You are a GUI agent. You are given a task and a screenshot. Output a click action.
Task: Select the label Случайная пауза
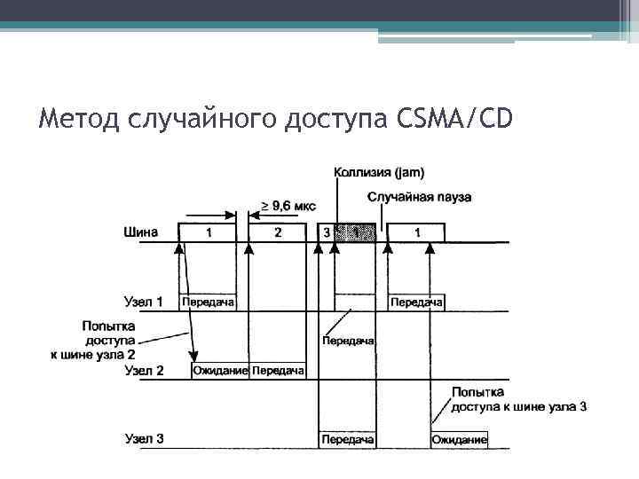(x=419, y=197)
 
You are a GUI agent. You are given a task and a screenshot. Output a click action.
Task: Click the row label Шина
(x=141, y=232)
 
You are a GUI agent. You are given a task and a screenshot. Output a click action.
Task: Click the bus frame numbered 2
(x=277, y=232)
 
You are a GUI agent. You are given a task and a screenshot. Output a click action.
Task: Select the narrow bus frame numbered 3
(x=326, y=232)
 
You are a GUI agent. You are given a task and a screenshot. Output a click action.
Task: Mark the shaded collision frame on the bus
(x=356, y=232)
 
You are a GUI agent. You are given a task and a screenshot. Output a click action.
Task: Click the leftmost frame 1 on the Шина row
(x=209, y=232)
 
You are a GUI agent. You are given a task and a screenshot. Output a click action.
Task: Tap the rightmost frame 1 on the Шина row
(x=417, y=232)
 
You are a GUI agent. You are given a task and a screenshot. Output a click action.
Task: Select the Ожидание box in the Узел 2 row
(x=220, y=370)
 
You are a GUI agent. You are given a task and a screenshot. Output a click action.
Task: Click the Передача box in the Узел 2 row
(x=278, y=370)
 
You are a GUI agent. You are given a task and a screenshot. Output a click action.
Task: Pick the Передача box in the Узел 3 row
(x=346, y=439)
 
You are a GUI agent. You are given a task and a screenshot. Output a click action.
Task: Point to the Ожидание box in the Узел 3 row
(x=459, y=439)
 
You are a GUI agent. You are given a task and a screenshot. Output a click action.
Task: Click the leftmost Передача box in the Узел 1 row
(x=209, y=302)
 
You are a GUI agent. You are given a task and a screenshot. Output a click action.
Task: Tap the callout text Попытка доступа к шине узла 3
(x=518, y=399)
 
